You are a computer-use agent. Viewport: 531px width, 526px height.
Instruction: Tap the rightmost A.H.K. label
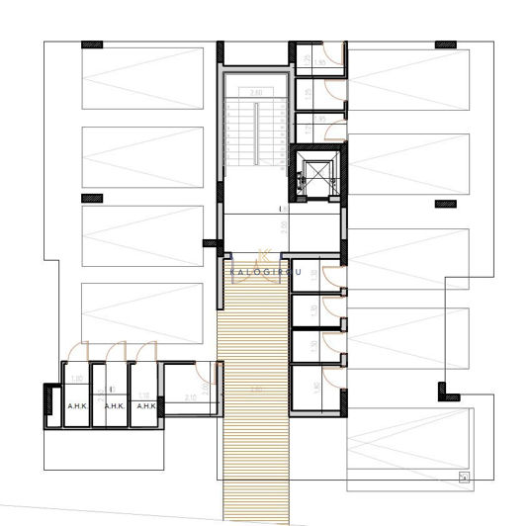click(146, 405)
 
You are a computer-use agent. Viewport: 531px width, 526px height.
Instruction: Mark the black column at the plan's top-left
click(92, 44)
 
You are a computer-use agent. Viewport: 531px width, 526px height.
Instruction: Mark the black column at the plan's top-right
click(445, 44)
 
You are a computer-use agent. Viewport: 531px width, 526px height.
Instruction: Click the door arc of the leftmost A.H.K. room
click(80, 351)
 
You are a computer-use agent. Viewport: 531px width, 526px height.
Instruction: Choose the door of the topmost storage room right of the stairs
click(334, 57)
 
